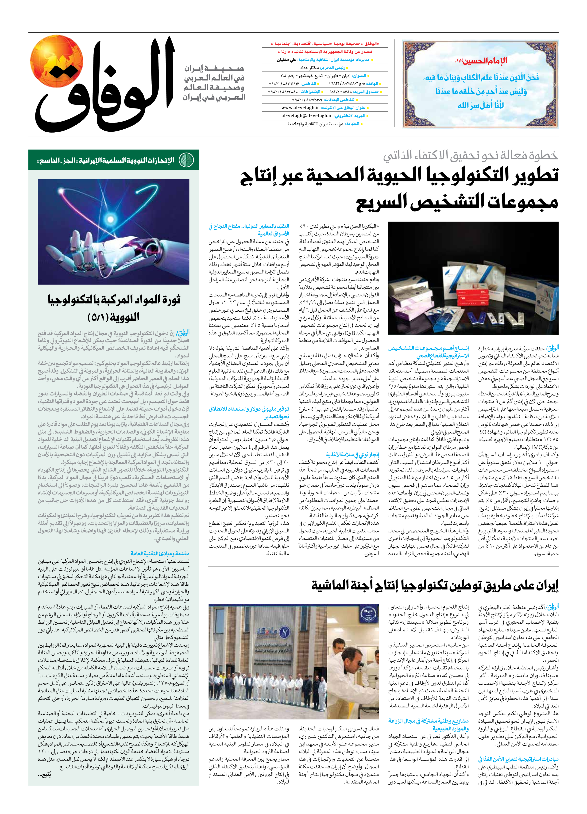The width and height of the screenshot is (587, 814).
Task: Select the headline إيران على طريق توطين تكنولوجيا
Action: (x=434, y=585)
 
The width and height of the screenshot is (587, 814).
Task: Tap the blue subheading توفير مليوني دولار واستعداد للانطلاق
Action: (x=249, y=412)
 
